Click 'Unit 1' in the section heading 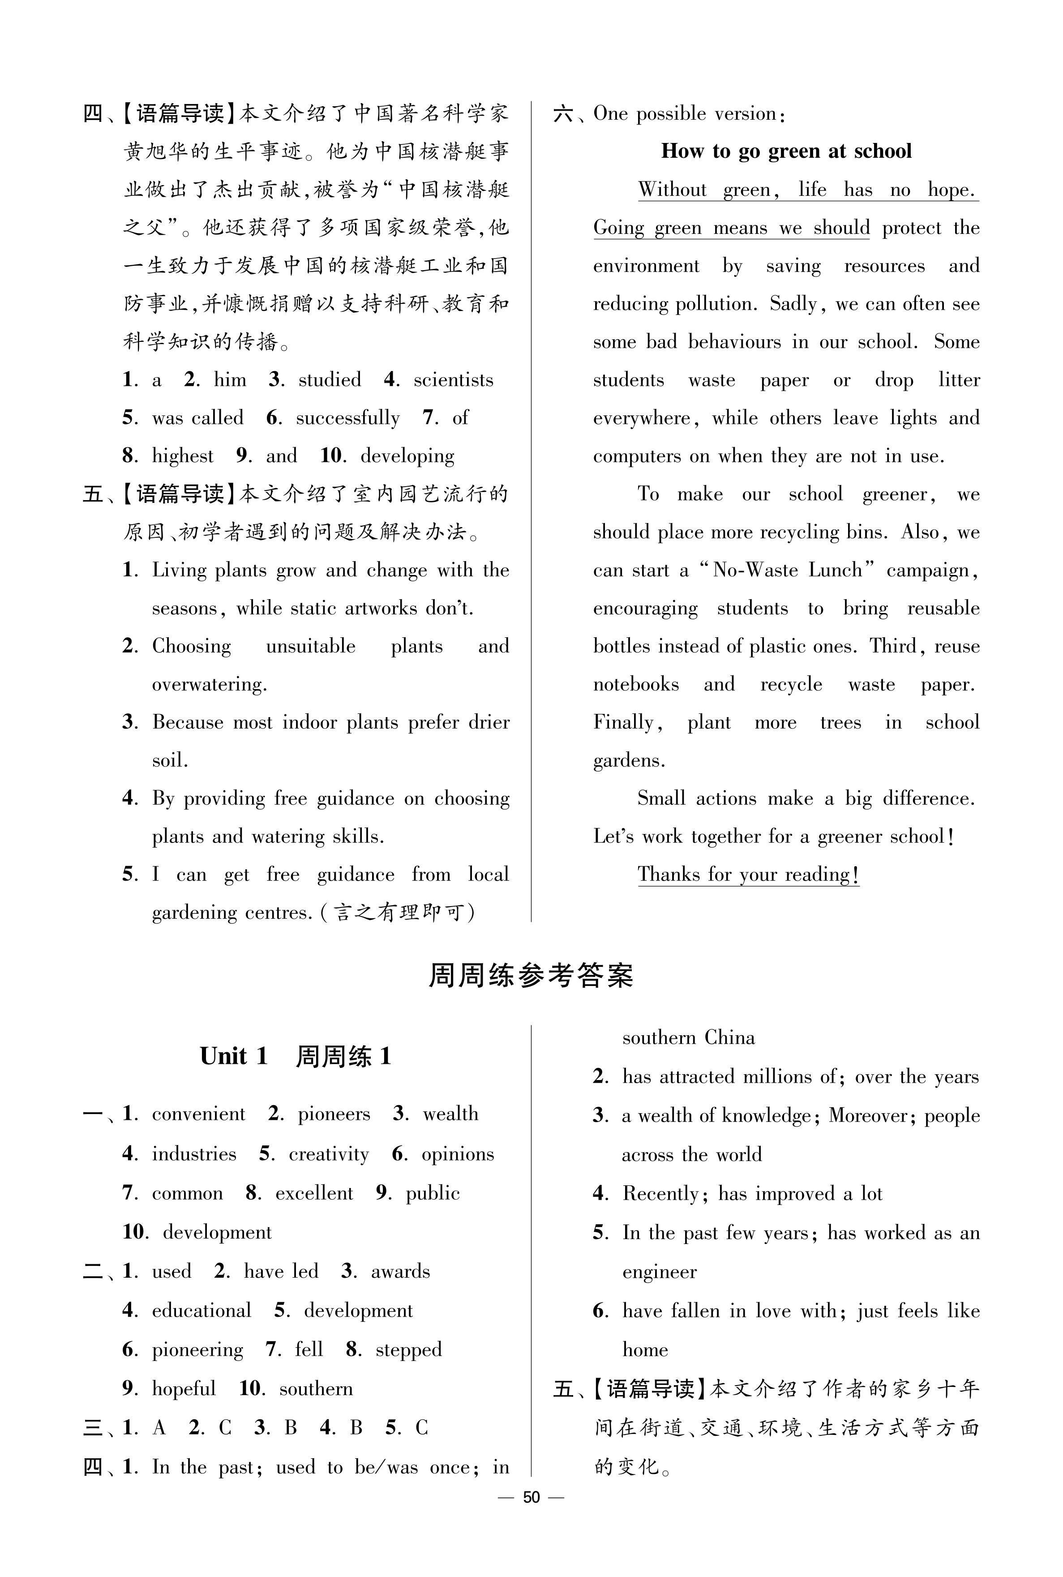[x=234, y=1056]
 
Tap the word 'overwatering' [x=208, y=684]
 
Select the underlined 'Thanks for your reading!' [x=748, y=875]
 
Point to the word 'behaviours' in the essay [x=734, y=342]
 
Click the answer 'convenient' [x=199, y=1115]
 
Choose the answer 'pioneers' [x=334, y=1115]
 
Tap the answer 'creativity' [x=329, y=1154]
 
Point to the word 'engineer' [x=659, y=1272]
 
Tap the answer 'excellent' [x=314, y=1194]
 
